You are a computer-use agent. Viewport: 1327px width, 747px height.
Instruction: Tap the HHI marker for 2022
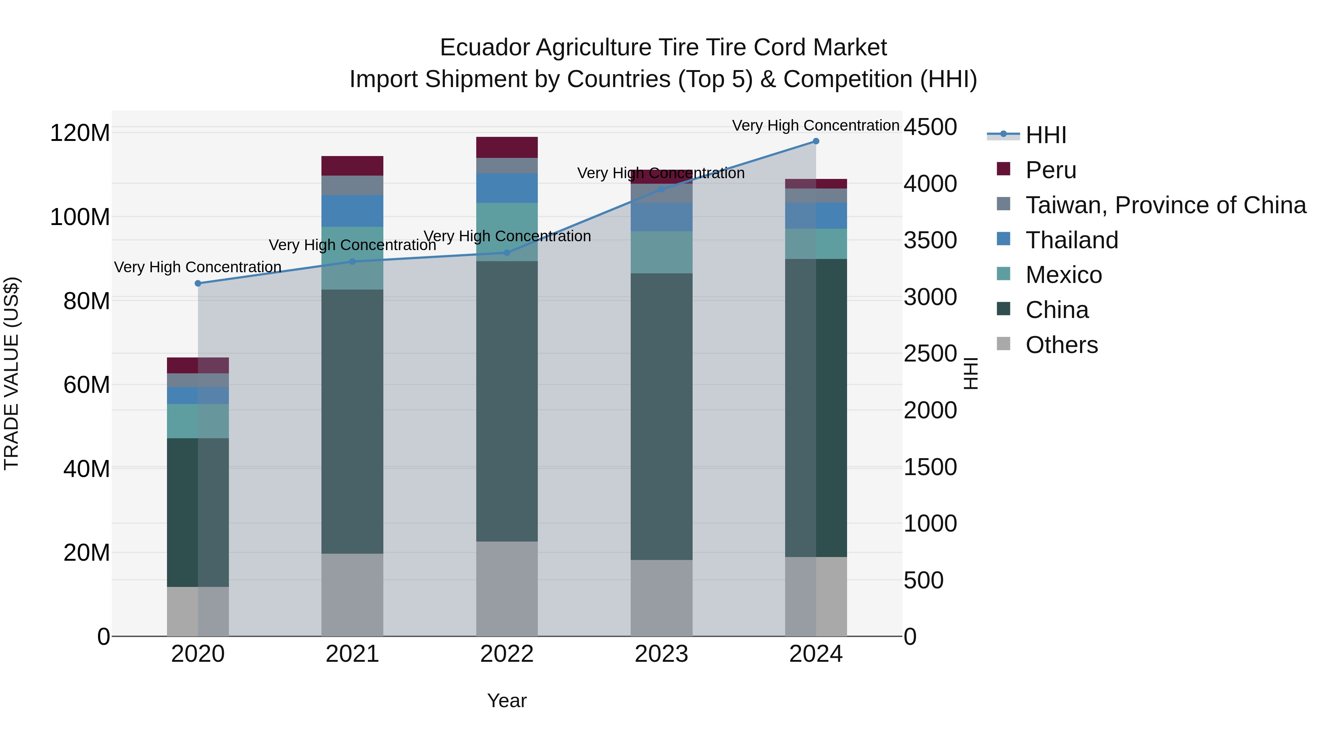tap(506, 253)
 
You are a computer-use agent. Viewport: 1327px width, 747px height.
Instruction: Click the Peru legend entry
tap(1051, 170)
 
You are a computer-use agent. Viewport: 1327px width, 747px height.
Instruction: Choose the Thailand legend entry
tap(1072, 240)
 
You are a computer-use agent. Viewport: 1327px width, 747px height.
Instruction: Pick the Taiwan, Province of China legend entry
tap(1165, 205)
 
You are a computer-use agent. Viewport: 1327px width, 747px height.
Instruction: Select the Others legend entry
tap(1061, 345)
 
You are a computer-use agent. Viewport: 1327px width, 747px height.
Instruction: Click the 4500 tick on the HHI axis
tap(930, 127)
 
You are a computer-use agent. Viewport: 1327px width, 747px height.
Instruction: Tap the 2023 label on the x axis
tap(661, 654)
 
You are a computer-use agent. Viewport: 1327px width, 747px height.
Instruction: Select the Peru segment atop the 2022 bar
tap(506, 148)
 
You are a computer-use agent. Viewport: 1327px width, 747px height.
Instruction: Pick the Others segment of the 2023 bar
tap(661, 598)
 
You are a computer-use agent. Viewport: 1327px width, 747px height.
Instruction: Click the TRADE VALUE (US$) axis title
tap(11, 373)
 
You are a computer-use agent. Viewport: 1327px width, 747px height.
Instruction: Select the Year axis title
tap(506, 701)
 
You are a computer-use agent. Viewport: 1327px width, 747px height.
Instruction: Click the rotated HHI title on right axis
tap(970, 373)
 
